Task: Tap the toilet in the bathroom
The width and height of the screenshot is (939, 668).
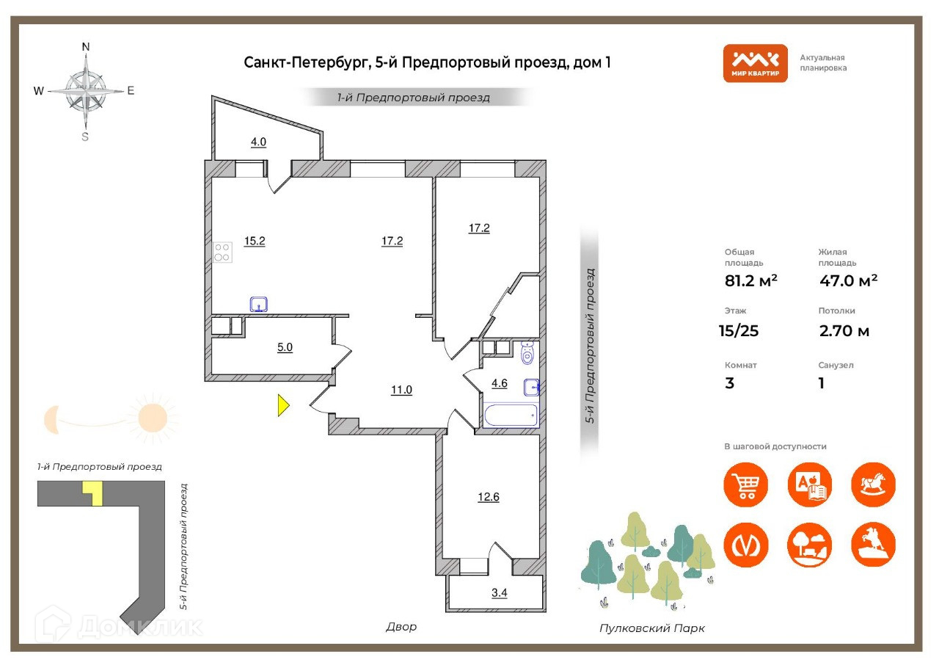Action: (x=527, y=355)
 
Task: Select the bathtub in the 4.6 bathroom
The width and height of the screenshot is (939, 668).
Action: (x=511, y=415)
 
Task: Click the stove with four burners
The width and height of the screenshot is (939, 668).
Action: (x=222, y=253)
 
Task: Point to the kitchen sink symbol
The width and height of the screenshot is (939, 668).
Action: (x=258, y=304)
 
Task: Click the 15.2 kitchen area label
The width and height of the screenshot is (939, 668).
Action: (x=255, y=241)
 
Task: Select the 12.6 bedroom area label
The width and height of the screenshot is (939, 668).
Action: (x=489, y=497)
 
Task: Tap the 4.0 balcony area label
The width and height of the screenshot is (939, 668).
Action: (x=258, y=142)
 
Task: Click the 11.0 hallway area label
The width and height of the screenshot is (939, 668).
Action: (x=401, y=390)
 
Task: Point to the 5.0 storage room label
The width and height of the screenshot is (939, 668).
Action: (x=285, y=348)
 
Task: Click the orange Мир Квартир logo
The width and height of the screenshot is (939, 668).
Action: (x=755, y=63)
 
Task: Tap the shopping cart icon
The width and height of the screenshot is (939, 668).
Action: (x=746, y=484)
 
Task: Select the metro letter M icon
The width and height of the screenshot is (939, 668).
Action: (x=746, y=545)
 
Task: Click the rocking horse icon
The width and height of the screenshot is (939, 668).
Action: (x=873, y=484)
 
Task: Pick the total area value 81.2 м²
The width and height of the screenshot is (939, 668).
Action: (x=751, y=280)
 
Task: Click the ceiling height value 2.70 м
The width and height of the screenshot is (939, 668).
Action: (x=844, y=331)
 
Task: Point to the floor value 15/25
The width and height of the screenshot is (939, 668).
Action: (x=739, y=331)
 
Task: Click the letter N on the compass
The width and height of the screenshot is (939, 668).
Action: (x=86, y=47)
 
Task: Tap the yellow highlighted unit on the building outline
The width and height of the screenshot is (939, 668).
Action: (x=93, y=492)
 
